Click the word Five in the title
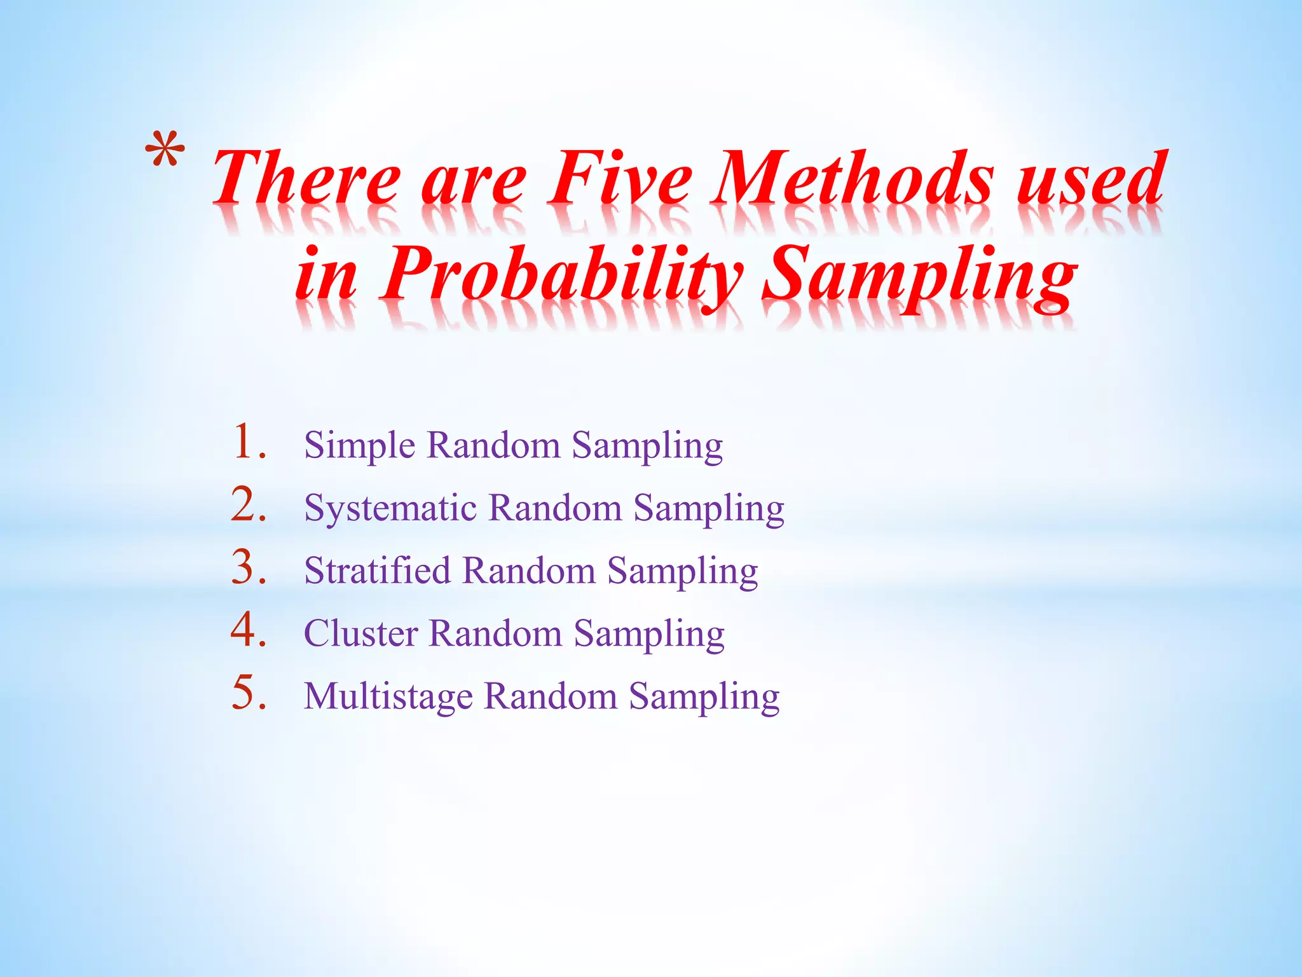(620, 178)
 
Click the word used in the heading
(1091, 178)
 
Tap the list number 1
(248, 443)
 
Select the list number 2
(248, 505)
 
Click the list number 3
(248, 567)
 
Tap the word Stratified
(377, 571)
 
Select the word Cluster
(361, 634)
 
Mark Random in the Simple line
(493, 445)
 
